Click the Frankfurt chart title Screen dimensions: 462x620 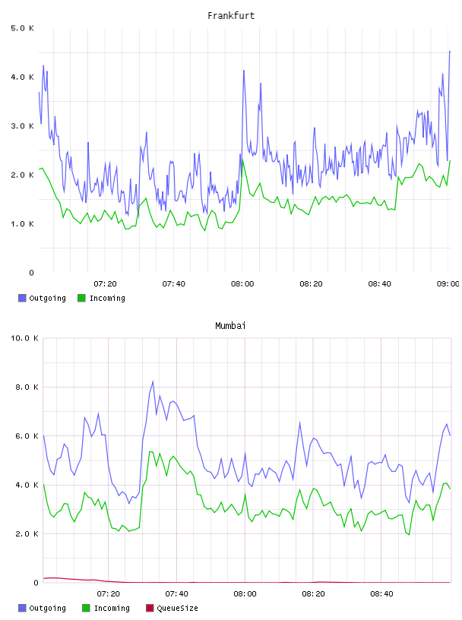(231, 16)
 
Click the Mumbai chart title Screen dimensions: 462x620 (230, 326)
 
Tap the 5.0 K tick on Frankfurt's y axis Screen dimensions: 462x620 (22, 28)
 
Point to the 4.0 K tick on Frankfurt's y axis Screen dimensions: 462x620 (22, 77)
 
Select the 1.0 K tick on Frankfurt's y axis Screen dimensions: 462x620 (22, 224)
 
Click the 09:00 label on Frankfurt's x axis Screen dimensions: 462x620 (448, 284)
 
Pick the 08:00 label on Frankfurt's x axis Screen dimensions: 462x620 (242, 284)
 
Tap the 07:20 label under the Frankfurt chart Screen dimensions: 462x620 (105, 284)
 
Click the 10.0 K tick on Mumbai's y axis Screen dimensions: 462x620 (24, 338)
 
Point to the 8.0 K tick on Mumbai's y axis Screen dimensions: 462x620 (27, 387)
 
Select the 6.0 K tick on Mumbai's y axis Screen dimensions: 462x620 (27, 435)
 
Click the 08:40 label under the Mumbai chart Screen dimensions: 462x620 (381, 594)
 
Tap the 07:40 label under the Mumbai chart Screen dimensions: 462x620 (177, 594)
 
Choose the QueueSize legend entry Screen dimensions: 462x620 (172, 608)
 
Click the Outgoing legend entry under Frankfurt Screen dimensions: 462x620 (43, 298)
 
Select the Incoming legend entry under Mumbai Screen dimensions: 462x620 (106, 608)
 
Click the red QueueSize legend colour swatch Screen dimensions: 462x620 (150, 608)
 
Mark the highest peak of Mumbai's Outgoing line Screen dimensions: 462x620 (153, 381)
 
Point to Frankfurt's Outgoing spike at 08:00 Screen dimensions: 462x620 (244, 71)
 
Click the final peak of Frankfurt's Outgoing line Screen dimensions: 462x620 (450, 51)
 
